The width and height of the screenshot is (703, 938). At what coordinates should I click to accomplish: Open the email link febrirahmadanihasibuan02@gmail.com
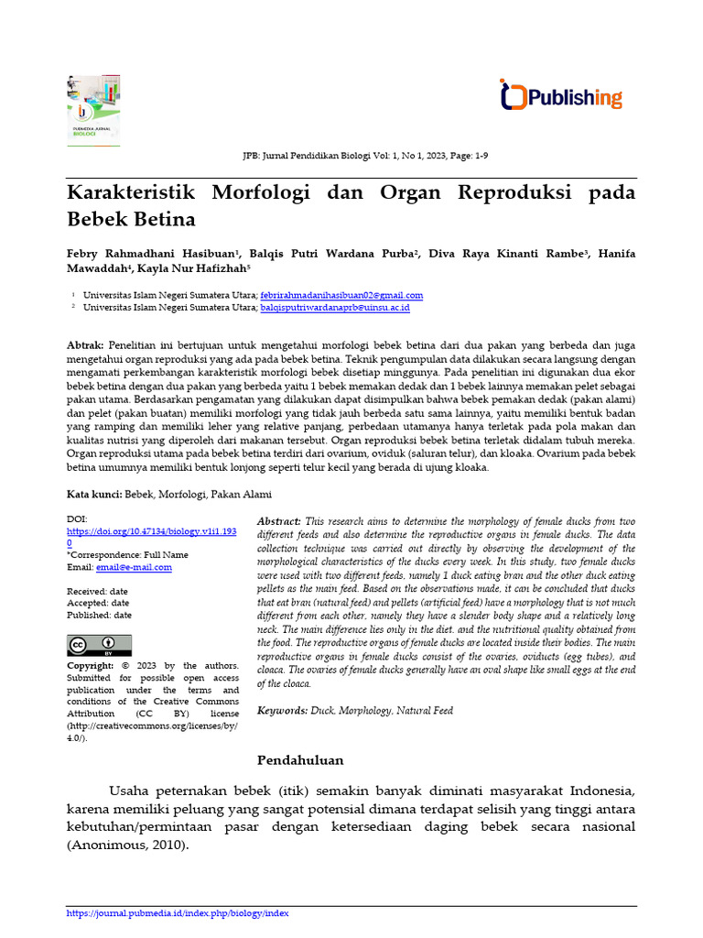pyautogui.click(x=341, y=295)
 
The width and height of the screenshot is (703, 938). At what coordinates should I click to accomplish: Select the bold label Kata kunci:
pyautogui.click(x=94, y=494)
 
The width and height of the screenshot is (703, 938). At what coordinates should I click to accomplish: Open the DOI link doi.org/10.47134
pyautogui.click(x=151, y=531)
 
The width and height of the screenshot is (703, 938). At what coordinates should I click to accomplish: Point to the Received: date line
pyautogui.click(x=98, y=592)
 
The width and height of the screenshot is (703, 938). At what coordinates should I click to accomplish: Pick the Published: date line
pyautogui.click(x=99, y=616)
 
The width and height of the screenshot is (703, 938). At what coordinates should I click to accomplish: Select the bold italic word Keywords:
pyautogui.click(x=282, y=710)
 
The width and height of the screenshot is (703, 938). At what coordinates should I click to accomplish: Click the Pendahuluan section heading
pyautogui.click(x=300, y=759)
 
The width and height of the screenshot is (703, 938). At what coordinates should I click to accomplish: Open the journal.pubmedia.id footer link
pyautogui.click(x=178, y=912)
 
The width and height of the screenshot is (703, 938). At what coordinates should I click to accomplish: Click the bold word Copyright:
pyautogui.click(x=91, y=666)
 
